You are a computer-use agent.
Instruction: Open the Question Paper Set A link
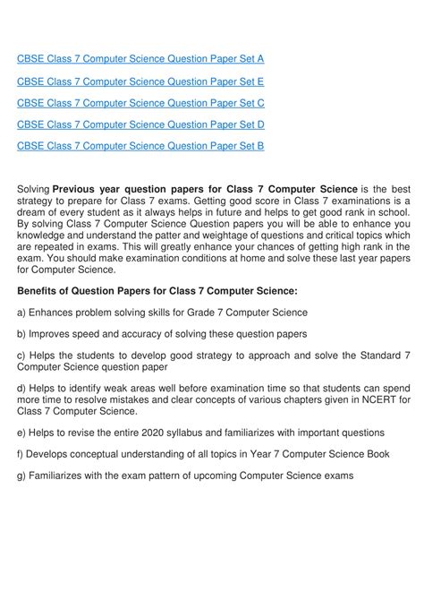140,60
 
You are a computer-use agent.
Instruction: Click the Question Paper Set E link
140,81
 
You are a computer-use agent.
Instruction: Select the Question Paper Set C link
140,103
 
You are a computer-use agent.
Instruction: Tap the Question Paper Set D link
140,124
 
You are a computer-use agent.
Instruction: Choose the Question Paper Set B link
140,145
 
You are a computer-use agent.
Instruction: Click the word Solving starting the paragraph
33,188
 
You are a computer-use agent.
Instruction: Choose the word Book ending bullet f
375,455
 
